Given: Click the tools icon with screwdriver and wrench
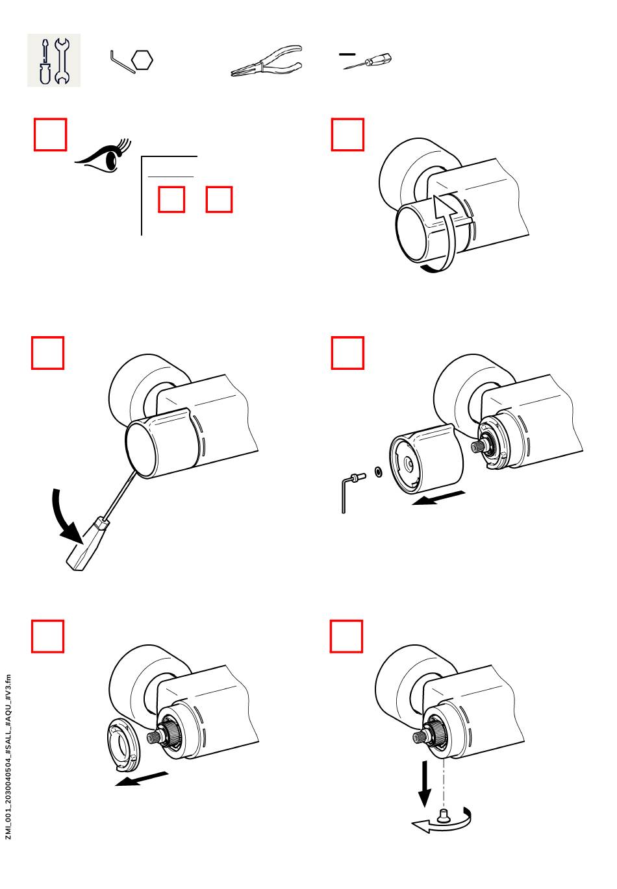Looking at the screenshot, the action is pos(53,60).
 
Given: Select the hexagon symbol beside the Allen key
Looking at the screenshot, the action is pos(142,60).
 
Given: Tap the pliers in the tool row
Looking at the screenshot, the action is pos(266,62).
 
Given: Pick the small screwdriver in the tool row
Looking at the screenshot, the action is pos(369,63).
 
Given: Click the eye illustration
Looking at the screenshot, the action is pos(103,156).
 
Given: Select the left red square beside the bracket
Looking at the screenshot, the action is pos(171,199).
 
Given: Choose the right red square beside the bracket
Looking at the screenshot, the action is pos(219,199).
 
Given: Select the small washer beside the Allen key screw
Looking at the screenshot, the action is pos(378,470).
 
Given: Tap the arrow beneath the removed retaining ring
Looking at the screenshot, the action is pos(142,778).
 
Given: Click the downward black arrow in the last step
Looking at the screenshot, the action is pos(425,783).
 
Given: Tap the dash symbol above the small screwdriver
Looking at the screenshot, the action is pos(347,53).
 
